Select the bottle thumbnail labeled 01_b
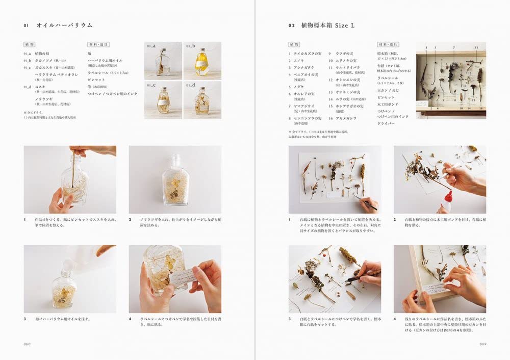[x=202, y=61]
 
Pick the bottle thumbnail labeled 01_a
[x=163, y=61]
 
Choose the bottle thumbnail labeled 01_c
[x=163, y=100]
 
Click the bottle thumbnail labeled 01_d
[x=202, y=100]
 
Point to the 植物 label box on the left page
[x=29, y=44]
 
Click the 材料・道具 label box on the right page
[x=388, y=44]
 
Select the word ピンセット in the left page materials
[x=95, y=80]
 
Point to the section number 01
[x=27, y=25]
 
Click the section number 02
[x=291, y=25]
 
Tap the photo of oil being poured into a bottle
[x=70, y=279]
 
